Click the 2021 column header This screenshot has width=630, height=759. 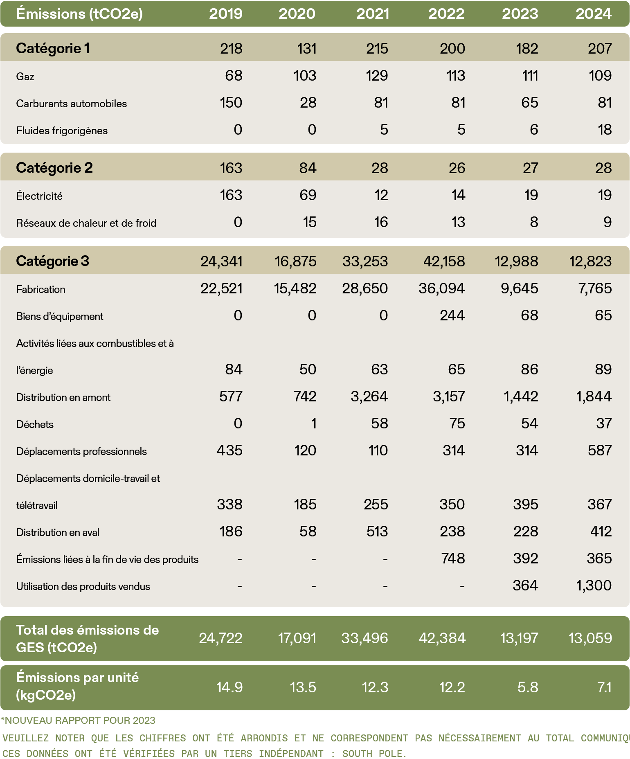coord(372,14)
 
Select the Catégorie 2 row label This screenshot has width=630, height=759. coord(54,168)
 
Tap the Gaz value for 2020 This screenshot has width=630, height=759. coord(305,76)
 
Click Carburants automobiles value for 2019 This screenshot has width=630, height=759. coord(231,103)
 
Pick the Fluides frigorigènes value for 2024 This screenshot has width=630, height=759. coord(604,130)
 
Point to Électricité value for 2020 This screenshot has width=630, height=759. coord(308,195)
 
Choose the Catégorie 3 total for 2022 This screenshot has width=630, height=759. coord(444,261)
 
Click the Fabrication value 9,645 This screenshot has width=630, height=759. coord(519,288)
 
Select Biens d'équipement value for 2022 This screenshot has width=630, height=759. coord(452,315)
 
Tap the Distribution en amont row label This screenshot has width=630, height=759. coord(63,397)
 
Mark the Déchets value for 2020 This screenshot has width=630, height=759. coord(313,423)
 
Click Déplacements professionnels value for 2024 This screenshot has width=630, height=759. coord(600,450)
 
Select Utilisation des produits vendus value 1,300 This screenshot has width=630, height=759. coord(594,586)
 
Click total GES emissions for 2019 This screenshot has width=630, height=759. coord(220,638)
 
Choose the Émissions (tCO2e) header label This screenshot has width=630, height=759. coord(79,14)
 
